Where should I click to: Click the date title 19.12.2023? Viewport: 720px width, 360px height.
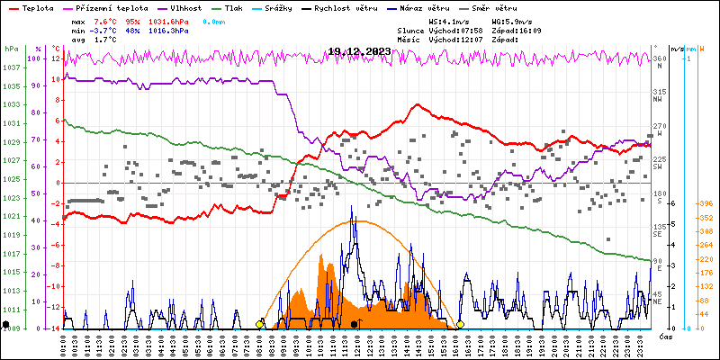359,51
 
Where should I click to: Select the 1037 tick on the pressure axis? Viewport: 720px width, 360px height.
11,68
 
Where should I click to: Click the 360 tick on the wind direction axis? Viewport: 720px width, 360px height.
658,59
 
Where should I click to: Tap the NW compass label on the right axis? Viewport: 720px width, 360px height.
658,100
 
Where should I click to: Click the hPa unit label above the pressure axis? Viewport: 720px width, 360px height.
11,49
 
